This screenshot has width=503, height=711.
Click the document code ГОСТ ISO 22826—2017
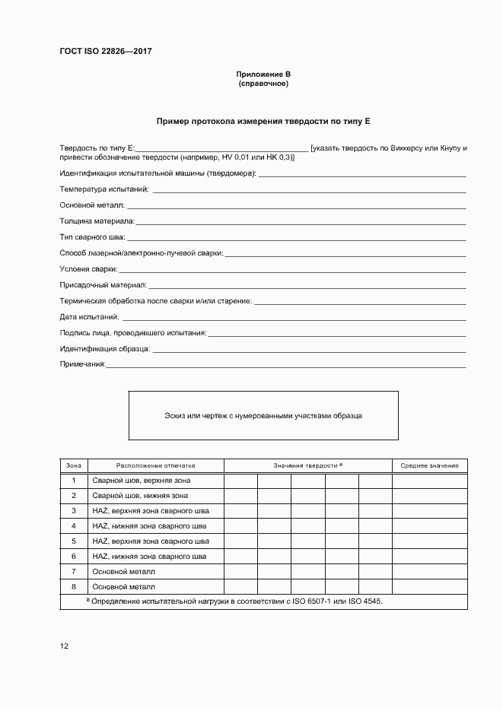106,52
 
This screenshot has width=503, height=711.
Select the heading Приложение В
263,75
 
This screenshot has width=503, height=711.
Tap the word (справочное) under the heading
263,84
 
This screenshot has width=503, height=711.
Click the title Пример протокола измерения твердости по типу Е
263,121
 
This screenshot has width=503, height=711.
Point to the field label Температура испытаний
104,189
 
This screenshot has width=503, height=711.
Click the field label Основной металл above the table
92,205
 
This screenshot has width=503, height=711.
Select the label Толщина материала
97,221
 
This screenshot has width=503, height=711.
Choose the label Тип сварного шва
92,237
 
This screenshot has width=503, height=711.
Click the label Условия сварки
88,269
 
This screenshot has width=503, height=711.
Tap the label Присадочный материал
103,285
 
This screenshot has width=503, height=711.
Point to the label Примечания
82,365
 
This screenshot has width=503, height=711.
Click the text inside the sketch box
263,416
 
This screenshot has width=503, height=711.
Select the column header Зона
74,465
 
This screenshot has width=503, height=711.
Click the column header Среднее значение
429,465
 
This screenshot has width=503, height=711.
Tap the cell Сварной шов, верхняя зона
141,481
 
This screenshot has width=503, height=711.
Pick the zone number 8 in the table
74,586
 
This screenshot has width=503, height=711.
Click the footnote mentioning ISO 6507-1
237,601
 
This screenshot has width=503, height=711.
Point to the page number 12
64,646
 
